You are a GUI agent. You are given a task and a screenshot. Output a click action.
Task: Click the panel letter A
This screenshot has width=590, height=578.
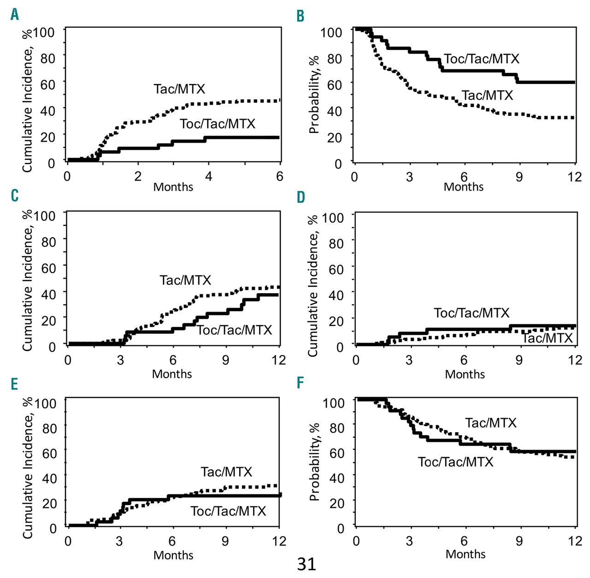point(15,15)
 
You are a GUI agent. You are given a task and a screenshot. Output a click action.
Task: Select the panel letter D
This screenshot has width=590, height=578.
point(301,198)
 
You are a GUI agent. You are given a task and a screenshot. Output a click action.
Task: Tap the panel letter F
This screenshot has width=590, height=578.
point(301,383)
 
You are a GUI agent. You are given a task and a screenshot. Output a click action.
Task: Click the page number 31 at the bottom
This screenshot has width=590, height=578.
point(307,564)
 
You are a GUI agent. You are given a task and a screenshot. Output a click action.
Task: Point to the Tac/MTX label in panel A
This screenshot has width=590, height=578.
point(179,89)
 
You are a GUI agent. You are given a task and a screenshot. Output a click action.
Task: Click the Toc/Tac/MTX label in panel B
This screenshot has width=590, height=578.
point(482,59)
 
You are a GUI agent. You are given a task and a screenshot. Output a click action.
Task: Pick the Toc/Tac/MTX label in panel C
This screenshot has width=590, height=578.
point(235,330)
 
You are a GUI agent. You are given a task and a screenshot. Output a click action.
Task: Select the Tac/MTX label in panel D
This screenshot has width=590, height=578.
point(547,338)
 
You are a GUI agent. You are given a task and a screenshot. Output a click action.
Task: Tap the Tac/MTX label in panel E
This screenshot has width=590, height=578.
point(226,471)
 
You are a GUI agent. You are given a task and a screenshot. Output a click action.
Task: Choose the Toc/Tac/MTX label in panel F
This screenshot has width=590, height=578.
point(455,462)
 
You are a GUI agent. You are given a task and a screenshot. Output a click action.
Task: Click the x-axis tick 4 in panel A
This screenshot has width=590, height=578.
point(208,176)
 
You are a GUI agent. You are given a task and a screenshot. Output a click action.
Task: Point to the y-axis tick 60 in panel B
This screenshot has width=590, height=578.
point(334,85)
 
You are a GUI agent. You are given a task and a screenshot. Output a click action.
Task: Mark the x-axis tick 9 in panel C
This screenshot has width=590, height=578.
point(225,360)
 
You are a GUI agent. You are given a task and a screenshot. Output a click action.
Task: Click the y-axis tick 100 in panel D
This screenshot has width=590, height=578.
point(333,217)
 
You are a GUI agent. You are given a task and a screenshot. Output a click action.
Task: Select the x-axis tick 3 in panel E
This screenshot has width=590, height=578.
point(119,541)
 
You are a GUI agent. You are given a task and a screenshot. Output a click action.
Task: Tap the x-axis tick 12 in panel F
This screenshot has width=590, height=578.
point(575,541)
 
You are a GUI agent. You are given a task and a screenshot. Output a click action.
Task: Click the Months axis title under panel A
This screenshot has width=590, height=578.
point(173,187)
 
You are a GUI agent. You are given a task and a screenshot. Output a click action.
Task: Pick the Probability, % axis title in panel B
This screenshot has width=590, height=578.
point(314,95)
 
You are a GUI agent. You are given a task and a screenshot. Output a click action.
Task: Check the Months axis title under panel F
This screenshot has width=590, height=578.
point(465,554)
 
